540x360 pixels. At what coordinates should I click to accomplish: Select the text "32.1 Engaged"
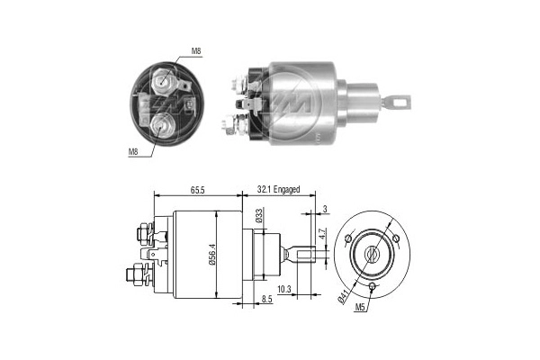pyautogui.click(x=278, y=190)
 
